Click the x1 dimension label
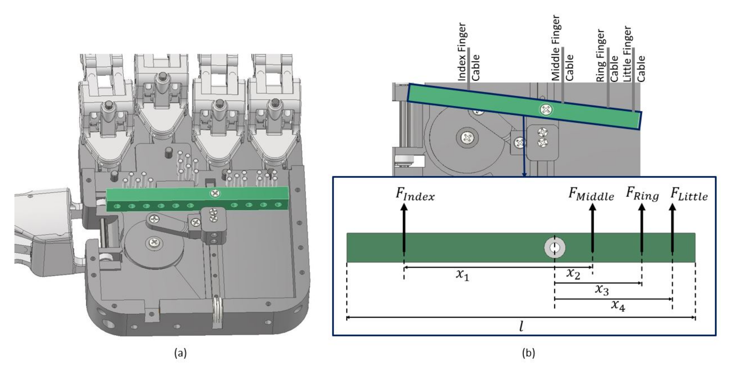click(462, 275)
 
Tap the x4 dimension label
click(618, 305)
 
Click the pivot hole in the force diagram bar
click(554, 248)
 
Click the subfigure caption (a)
click(181, 353)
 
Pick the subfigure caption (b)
click(528, 353)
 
